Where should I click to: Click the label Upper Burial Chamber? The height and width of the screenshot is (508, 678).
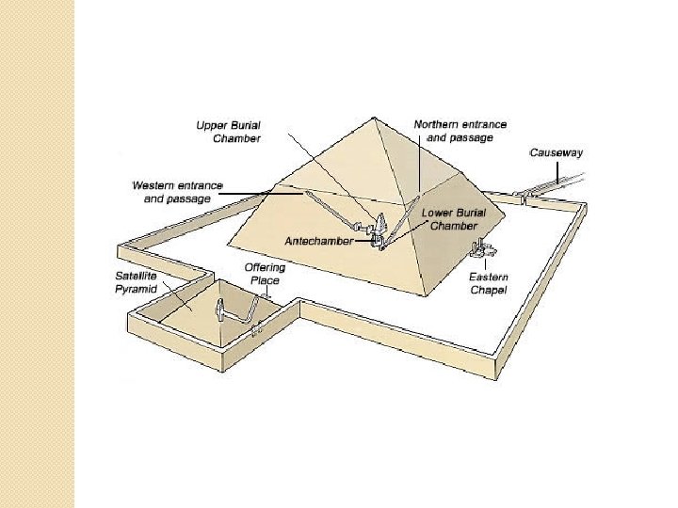pyautogui.click(x=228, y=132)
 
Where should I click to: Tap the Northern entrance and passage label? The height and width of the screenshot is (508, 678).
pyautogui.click(x=460, y=131)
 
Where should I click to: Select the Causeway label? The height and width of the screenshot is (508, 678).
pyautogui.click(x=556, y=152)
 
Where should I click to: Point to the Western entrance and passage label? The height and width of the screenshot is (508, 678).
pyautogui.click(x=178, y=192)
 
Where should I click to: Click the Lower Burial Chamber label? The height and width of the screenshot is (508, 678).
pyautogui.click(x=454, y=219)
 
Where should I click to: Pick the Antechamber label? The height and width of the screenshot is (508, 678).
pyautogui.click(x=319, y=241)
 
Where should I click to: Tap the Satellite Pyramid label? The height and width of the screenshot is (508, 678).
pyautogui.click(x=137, y=283)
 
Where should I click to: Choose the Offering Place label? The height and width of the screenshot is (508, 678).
pyautogui.click(x=265, y=275)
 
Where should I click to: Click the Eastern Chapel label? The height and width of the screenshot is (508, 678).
pyautogui.click(x=489, y=283)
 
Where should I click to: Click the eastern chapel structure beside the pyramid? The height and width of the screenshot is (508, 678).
pyautogui.click(x=481, y=251)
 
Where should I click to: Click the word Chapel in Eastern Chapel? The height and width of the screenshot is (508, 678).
pyautogui.click(x=489, y=290)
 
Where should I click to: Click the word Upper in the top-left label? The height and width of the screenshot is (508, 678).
pyautogui.click(x=211, y=125)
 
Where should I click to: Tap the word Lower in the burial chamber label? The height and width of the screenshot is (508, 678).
pyautogui.click(x=437, y=213)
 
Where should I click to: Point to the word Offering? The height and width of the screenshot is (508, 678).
pyautogui.click(x=265, y=268)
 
